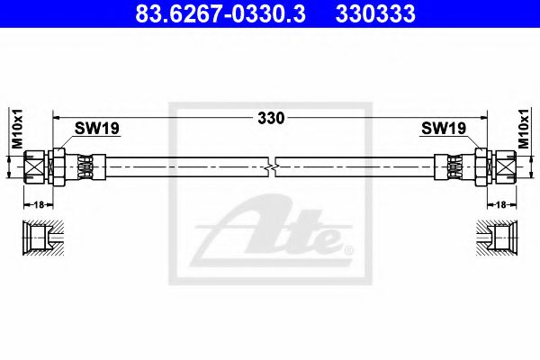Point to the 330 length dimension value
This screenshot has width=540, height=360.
click(271, 118)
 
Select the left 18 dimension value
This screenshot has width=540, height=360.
click(37, 204)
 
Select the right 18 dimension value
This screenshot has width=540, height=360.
click(501, 204)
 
